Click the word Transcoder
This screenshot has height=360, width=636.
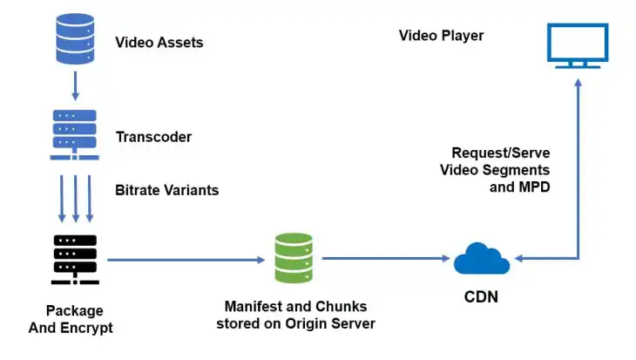tap(153, 137)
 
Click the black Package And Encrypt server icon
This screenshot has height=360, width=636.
tap(75, 260)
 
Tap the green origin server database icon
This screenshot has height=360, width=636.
tap(294, 258)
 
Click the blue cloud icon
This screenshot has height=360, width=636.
tap(482, 258)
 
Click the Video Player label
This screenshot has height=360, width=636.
tap(441, 36)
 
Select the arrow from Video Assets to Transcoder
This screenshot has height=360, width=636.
tap(74, 85)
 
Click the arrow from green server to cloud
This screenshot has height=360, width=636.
tap(383, 259)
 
